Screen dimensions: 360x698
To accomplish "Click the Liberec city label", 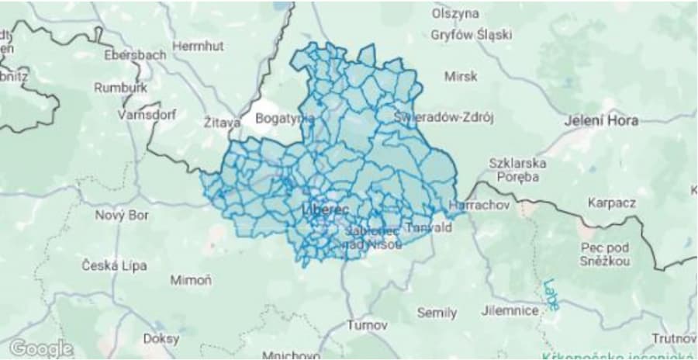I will tap(325, 210).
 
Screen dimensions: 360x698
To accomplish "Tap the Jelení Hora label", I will tap(601, 121).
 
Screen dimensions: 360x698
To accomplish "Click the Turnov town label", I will tap(367, 324).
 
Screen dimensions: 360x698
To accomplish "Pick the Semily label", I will tap(437, 313).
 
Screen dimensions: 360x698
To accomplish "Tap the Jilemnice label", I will tap(509, 310).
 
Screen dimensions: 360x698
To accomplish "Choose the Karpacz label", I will tap(611, 203).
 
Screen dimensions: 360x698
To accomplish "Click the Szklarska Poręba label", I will tap(517, 170).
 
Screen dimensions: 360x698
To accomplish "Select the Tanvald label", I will tap(423, 229).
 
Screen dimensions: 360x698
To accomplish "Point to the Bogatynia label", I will tap(285, 119).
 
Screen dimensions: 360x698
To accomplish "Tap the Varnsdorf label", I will tap(147, 114).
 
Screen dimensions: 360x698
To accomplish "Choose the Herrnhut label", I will tap(197, 47).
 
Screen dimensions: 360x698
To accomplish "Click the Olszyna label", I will tap(455, 13).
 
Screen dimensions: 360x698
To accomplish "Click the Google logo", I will tap(41, 348).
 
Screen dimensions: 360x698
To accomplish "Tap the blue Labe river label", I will tap(551, 294).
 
